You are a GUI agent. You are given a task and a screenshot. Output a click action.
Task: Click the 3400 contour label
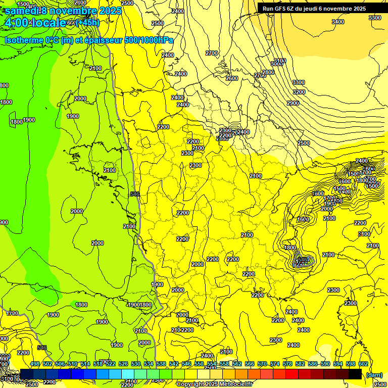tap(338, 22)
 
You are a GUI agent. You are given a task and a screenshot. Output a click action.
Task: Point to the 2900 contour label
tap(293, 103)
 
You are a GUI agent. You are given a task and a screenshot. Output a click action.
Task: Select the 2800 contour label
tap(268, 72)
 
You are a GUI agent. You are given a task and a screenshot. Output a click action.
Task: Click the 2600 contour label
tap(232, 78)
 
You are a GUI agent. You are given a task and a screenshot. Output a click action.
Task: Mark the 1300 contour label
tap(157, 284)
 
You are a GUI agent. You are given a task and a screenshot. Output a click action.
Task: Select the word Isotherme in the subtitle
tap(24, 40)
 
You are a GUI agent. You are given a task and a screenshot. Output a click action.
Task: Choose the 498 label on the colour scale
tap(35, 364)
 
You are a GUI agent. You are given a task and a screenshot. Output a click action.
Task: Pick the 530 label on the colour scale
tap(136, 364)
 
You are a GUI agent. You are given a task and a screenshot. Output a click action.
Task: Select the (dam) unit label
tap(374, 375)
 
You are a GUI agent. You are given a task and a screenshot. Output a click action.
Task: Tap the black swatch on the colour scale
tap(355, 374)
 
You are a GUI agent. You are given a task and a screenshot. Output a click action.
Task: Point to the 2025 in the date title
tap(108, 11)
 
